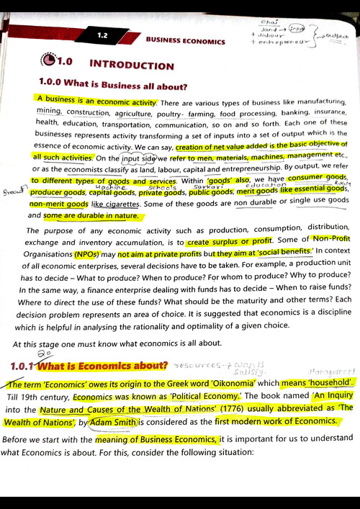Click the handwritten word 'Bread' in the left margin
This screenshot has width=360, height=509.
pyautogui.click(x=12, y=193)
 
